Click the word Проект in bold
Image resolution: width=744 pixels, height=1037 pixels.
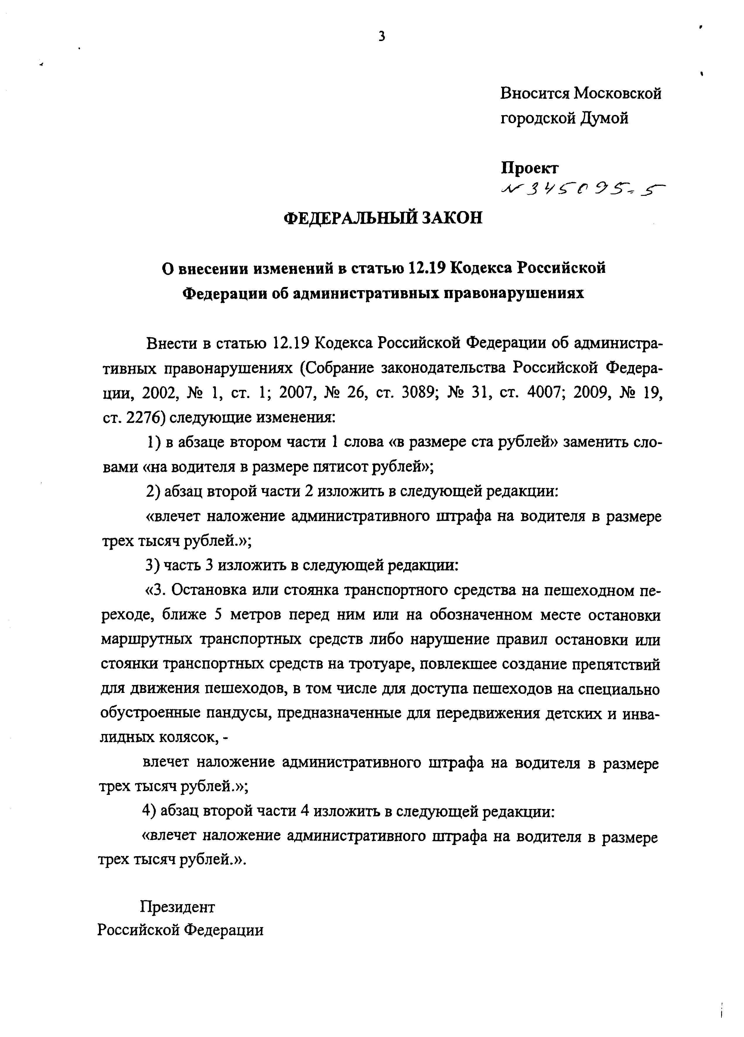[x=529, y=168]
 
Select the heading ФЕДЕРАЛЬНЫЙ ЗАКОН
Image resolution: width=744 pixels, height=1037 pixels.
[x=383, y=218]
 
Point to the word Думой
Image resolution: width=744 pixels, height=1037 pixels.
[x=605, y=118]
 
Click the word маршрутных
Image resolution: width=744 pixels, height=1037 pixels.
[x=146, y=640]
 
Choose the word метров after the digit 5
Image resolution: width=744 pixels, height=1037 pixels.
[x=254, y=615]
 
